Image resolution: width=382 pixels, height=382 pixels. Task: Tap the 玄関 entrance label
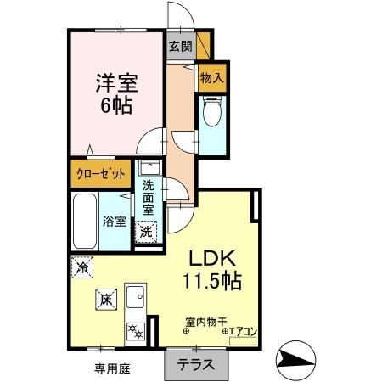tap(179, 47)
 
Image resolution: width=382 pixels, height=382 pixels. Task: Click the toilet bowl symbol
tap(212, 114)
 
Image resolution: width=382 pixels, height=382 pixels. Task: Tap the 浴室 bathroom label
tap(115, 222)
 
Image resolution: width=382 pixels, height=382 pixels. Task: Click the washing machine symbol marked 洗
tap(146, 229)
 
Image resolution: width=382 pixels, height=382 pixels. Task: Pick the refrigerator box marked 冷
tap(82, 267)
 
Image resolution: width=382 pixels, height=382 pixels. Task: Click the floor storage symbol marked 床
tap(104, 299)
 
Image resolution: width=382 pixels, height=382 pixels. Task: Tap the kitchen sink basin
tap(136, 299)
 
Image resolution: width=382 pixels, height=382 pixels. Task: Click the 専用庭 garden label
tap(110, 368)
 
